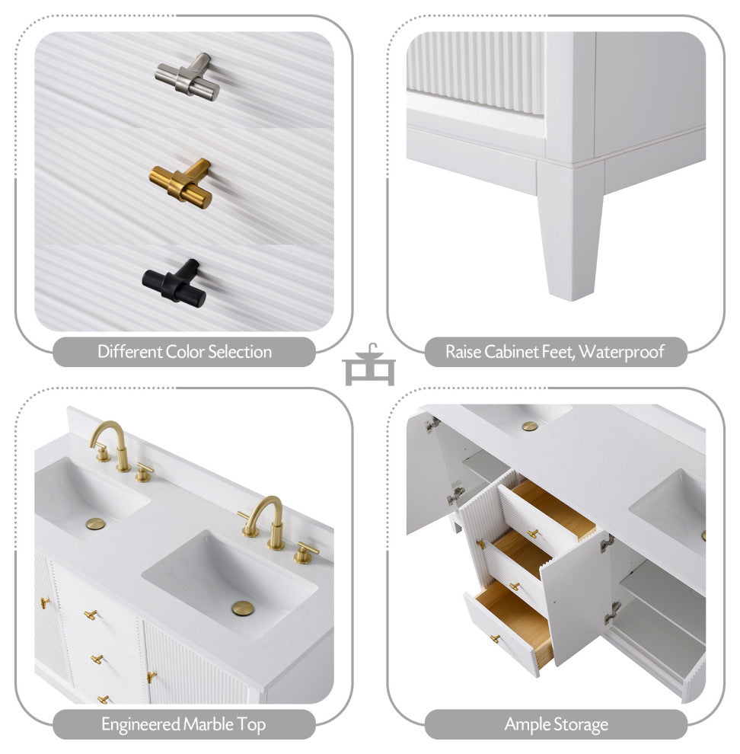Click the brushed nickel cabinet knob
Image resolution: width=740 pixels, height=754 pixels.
coord(187,77)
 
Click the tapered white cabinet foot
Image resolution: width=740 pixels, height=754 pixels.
coord(569,231)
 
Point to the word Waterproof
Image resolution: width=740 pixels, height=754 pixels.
coord(621,352)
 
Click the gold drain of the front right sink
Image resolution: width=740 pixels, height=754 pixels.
coord(243,609)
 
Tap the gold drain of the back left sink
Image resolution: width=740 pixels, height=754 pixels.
coord(95,524)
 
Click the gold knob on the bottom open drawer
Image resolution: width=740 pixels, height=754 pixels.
coord(496,638)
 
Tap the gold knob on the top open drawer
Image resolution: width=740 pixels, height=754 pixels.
coord(532,533)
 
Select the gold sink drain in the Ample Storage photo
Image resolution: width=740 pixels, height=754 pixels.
coord(530,426)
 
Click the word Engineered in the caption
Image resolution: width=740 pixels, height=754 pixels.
coord(141,725)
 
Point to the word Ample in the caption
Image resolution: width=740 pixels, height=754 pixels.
coord(528,725)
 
